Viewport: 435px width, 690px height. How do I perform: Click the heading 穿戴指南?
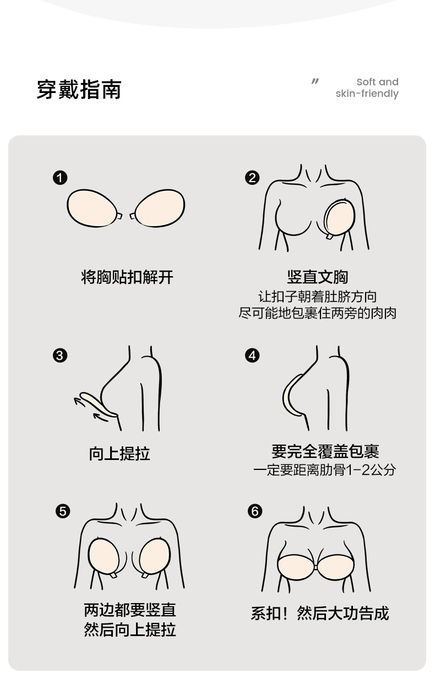tap(79, 90)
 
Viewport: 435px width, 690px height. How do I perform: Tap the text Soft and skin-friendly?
tap(367, 88)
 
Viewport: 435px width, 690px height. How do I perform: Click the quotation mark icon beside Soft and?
tap(315, 81)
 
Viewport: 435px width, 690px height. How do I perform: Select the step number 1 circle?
tap(60, 178)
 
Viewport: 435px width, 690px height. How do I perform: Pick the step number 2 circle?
tap(252, 178)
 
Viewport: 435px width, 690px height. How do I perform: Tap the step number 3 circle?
tap(60, 355)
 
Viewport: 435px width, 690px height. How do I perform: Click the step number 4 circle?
tap(252, 355)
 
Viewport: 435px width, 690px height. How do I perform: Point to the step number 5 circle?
tap(63, 512)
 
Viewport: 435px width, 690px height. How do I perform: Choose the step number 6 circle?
tap(255, 512)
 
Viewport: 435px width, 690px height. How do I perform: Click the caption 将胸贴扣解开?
tap(127, 277)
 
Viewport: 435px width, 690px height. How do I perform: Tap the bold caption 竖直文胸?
tap(318, 277)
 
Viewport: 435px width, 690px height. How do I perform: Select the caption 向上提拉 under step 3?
tap(119, 454)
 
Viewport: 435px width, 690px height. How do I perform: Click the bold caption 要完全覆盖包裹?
tap(325, 451)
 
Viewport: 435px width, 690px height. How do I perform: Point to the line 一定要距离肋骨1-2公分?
tap(325, 470)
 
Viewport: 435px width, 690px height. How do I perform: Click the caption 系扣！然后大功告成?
tap(320, 613)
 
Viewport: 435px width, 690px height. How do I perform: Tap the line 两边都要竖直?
tap(130, 610)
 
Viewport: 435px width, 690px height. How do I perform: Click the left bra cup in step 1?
tap(92, 208)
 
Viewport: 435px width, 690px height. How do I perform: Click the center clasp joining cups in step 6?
tap(316, 567)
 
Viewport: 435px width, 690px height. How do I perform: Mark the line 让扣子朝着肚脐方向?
tap(318, 297)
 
